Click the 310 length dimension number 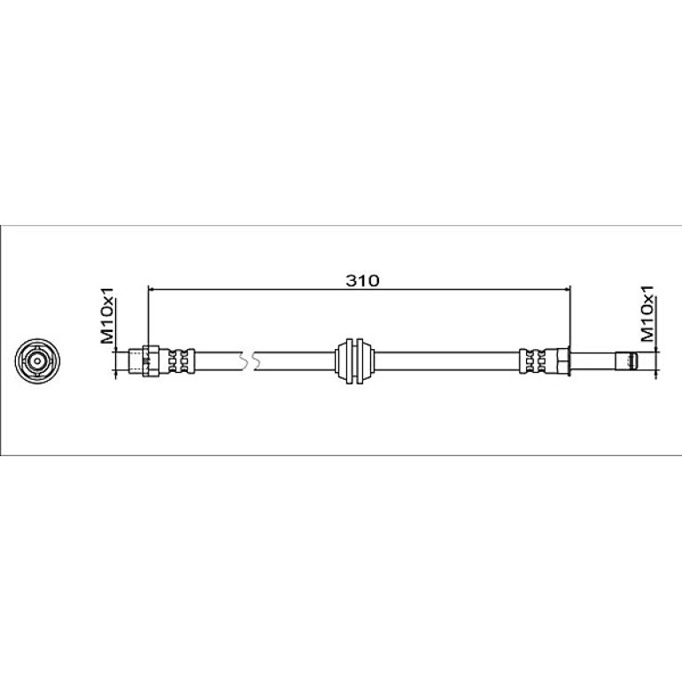coord(362,281)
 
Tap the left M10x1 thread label coord(107,314)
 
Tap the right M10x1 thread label coord(647,313)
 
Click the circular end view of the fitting coord(37,360)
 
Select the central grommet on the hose coord(354,361)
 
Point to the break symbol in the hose coord(248,361)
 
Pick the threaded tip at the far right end coord(626,361)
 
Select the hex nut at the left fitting coord(151,360)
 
